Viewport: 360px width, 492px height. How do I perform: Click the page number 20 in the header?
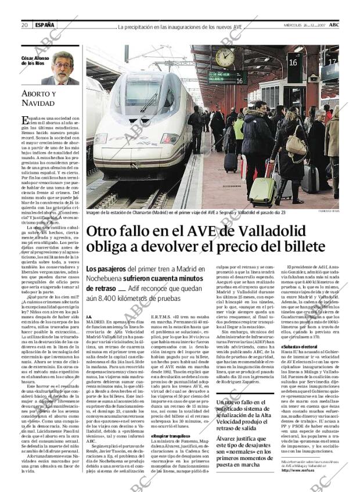(x=25, y=25)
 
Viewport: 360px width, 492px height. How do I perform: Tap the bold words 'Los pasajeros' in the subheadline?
(x=106, y=270)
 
